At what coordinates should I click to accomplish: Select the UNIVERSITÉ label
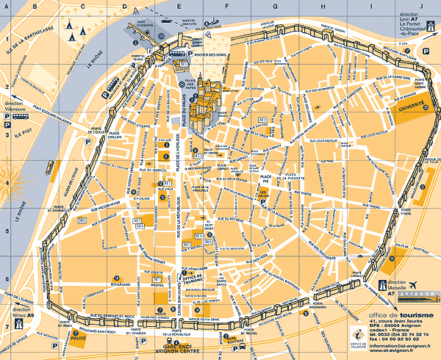(412, 107)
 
